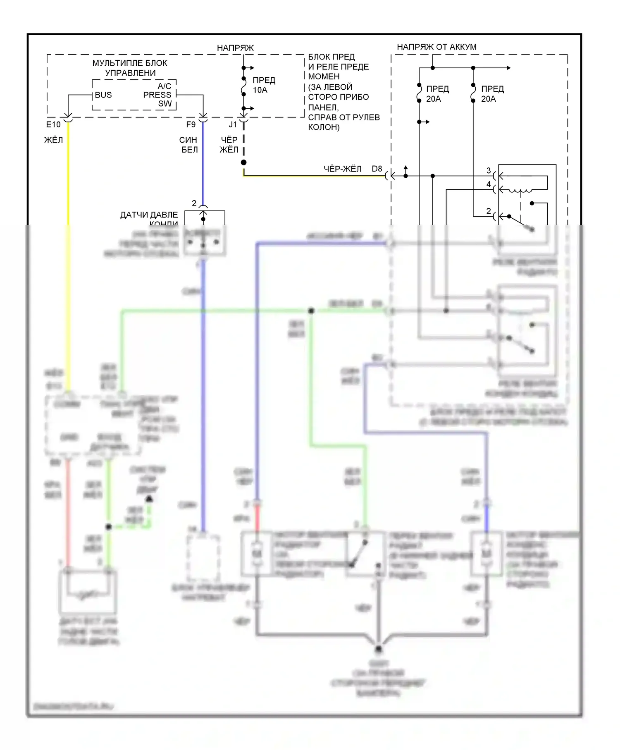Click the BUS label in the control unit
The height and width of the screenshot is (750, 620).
click(103, 95)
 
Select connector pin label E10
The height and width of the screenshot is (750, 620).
click(53, 124)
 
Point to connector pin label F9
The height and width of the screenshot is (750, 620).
click(191, 124)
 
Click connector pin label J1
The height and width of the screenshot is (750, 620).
click(233, 124)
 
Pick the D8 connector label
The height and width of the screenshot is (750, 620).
click(377, 169)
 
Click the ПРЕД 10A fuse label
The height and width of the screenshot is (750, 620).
click(264, 85)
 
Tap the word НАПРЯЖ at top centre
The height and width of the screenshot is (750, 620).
click(235, 48)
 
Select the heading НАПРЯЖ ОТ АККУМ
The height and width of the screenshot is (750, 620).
click(436, 47)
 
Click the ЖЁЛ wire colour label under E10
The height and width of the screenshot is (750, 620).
click(53, 140)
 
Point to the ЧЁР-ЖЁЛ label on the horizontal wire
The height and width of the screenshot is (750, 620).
click(342, 169)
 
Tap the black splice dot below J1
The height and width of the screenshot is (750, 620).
click(244, 162)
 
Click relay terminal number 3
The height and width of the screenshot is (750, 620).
click(489, 170)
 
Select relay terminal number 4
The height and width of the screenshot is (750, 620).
click(489, 184)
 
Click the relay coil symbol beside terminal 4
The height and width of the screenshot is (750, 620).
click(520, 191)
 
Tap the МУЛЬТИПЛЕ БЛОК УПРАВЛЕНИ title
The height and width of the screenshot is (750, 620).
click(130, 68)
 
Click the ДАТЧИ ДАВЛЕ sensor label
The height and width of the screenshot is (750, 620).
click(149, 215)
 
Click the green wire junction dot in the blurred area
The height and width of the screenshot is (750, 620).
click(311, 311)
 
